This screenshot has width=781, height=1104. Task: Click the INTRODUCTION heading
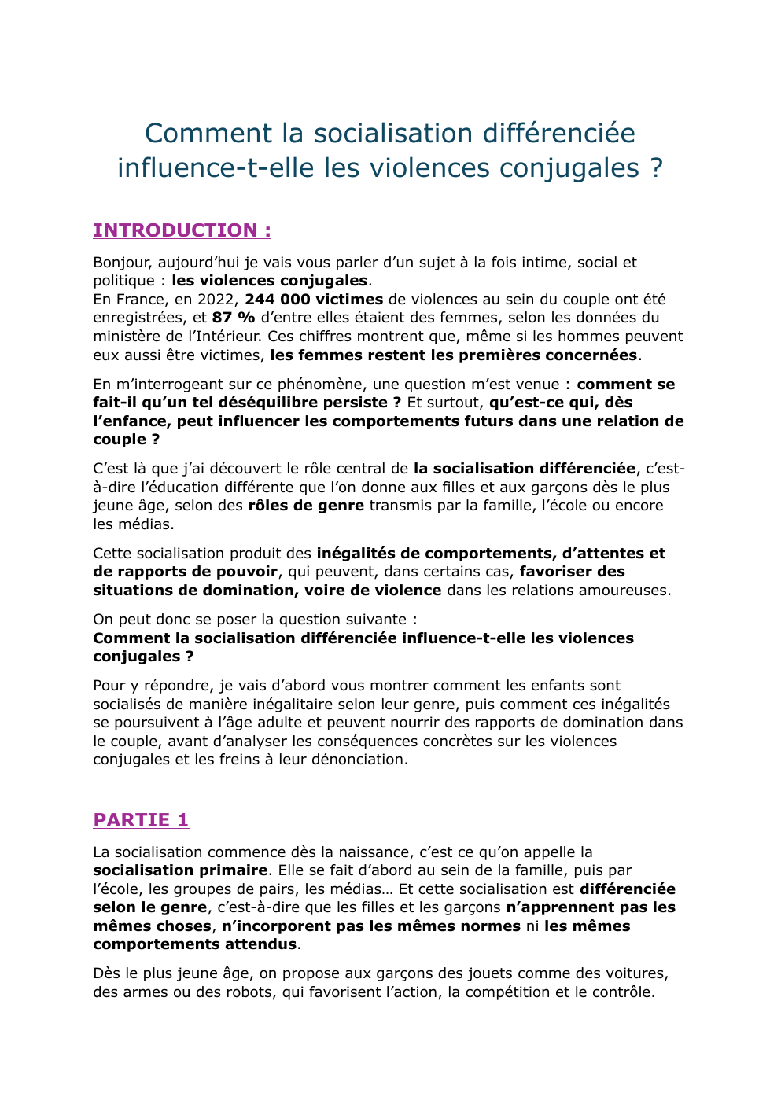[182, 230]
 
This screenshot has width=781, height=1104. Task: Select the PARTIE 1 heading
[141, 820]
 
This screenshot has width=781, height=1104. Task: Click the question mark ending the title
[657, 168]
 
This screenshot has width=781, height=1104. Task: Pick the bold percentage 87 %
[234, 318]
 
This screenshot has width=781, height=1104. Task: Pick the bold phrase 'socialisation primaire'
[180, 870]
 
